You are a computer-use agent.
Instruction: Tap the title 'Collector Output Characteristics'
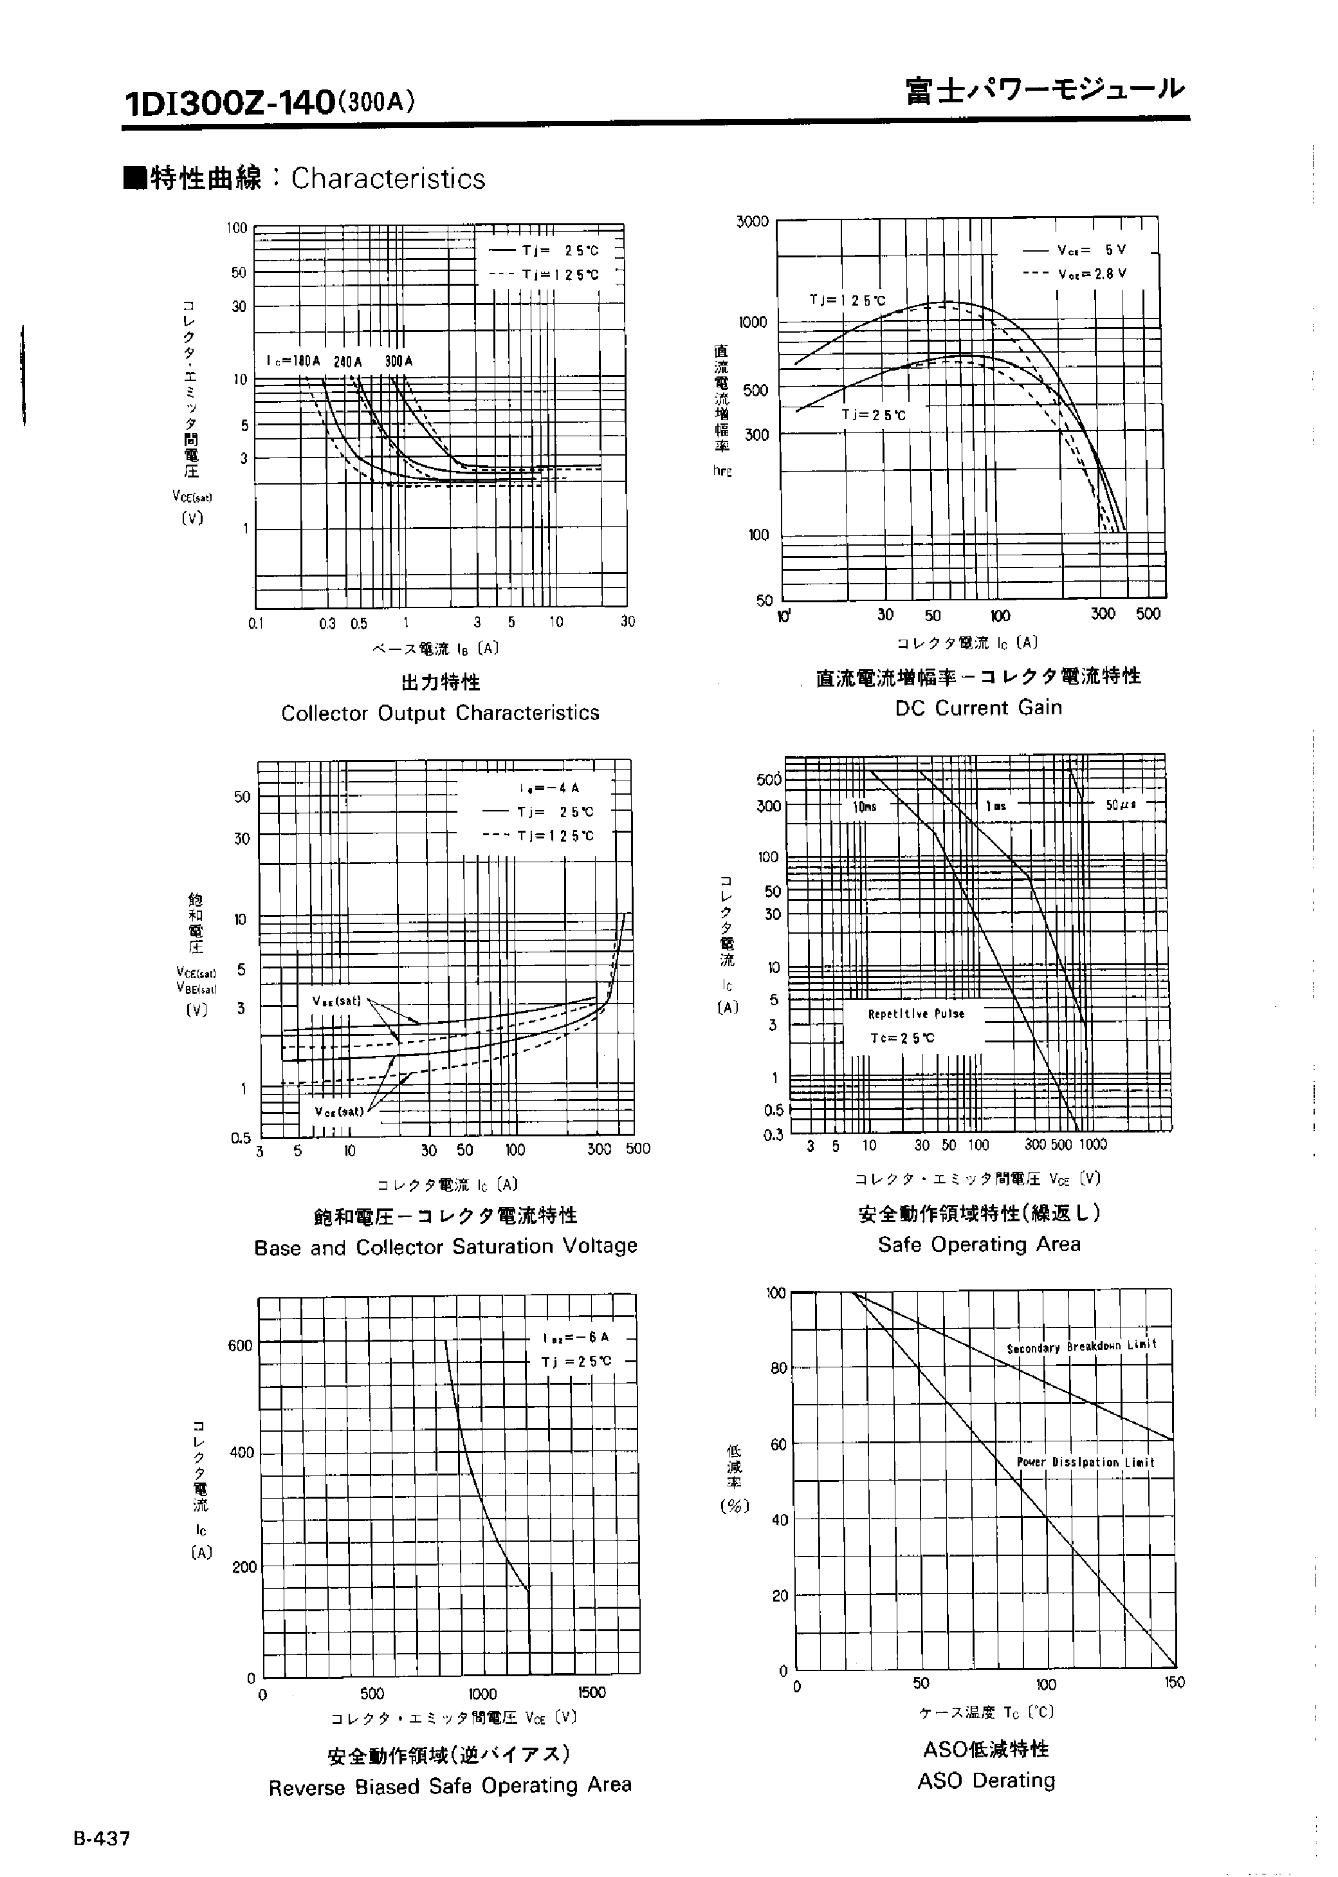(x=440, y=713)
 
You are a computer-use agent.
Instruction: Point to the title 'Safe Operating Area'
(x=979, y=1244)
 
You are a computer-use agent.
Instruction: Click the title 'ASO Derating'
(x=985, y=1780)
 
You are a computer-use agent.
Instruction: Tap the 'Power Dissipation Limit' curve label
(x=1085, y=1463)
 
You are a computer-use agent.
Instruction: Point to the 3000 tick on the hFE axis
(x=752, y=221)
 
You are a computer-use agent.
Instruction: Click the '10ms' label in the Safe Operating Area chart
(x=865, y=807)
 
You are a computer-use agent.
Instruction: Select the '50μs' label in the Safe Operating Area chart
(x=1121, y=805)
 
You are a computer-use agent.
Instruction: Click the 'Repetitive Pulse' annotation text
(x=915, y=1013)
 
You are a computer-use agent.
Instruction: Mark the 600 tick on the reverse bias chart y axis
(x=240, y=1345)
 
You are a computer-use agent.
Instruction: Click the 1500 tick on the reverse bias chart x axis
(x=592, y=1692)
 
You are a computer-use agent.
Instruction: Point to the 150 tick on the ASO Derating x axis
(x=1174, y=1683)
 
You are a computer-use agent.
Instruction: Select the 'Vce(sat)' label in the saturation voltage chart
(x=338, y=1111)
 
